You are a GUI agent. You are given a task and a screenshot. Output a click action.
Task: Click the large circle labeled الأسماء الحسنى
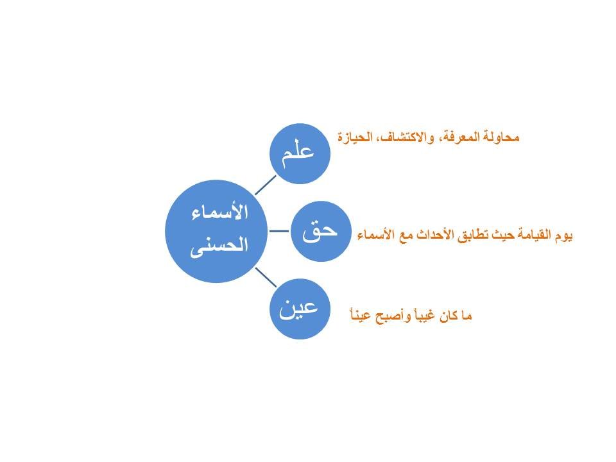[216, 232]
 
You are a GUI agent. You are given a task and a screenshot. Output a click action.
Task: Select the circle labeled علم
[300, 153]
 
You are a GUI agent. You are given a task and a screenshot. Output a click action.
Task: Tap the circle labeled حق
[321, 232]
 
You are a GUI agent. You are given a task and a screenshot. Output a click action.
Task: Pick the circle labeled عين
[300, 309]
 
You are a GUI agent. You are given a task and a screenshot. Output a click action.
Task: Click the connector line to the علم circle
[266, 185]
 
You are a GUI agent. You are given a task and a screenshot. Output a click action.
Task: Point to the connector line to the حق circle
[279, 232]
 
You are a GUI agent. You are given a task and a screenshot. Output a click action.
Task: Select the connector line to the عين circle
[266, 277]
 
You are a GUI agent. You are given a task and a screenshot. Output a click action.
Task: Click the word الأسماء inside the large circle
[220, 212]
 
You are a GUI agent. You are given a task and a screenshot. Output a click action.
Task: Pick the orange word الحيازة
[350, 137]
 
